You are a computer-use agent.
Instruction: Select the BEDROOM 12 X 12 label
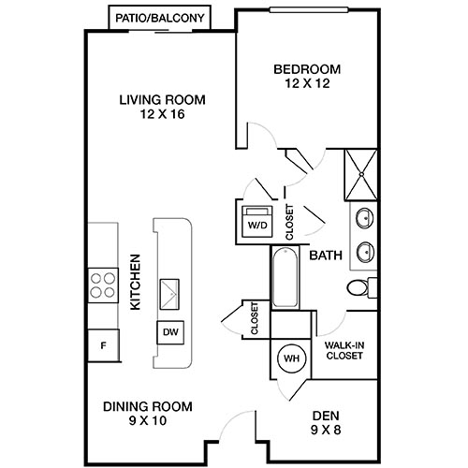coord(306,75)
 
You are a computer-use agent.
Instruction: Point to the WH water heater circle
coord(290,358)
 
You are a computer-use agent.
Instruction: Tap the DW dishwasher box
coord(170,331)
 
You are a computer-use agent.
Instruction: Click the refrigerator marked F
coord(103,345)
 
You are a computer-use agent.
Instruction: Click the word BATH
coord(325,255)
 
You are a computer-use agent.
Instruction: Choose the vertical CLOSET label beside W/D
coord(288,221)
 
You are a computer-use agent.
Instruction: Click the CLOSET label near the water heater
coord(254,317)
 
